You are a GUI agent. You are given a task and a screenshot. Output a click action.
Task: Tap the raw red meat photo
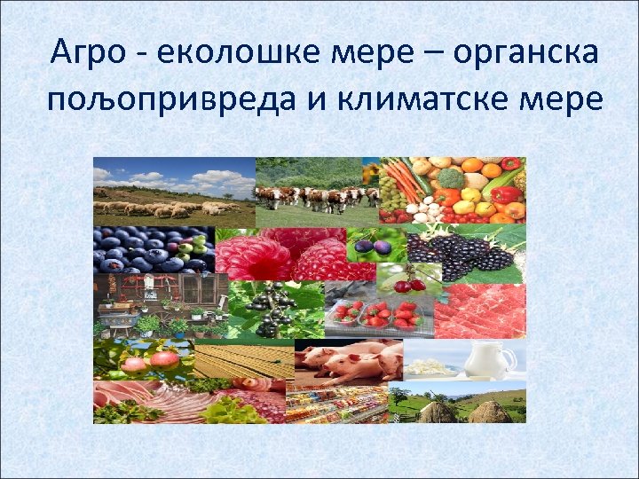tap(479, 306)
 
